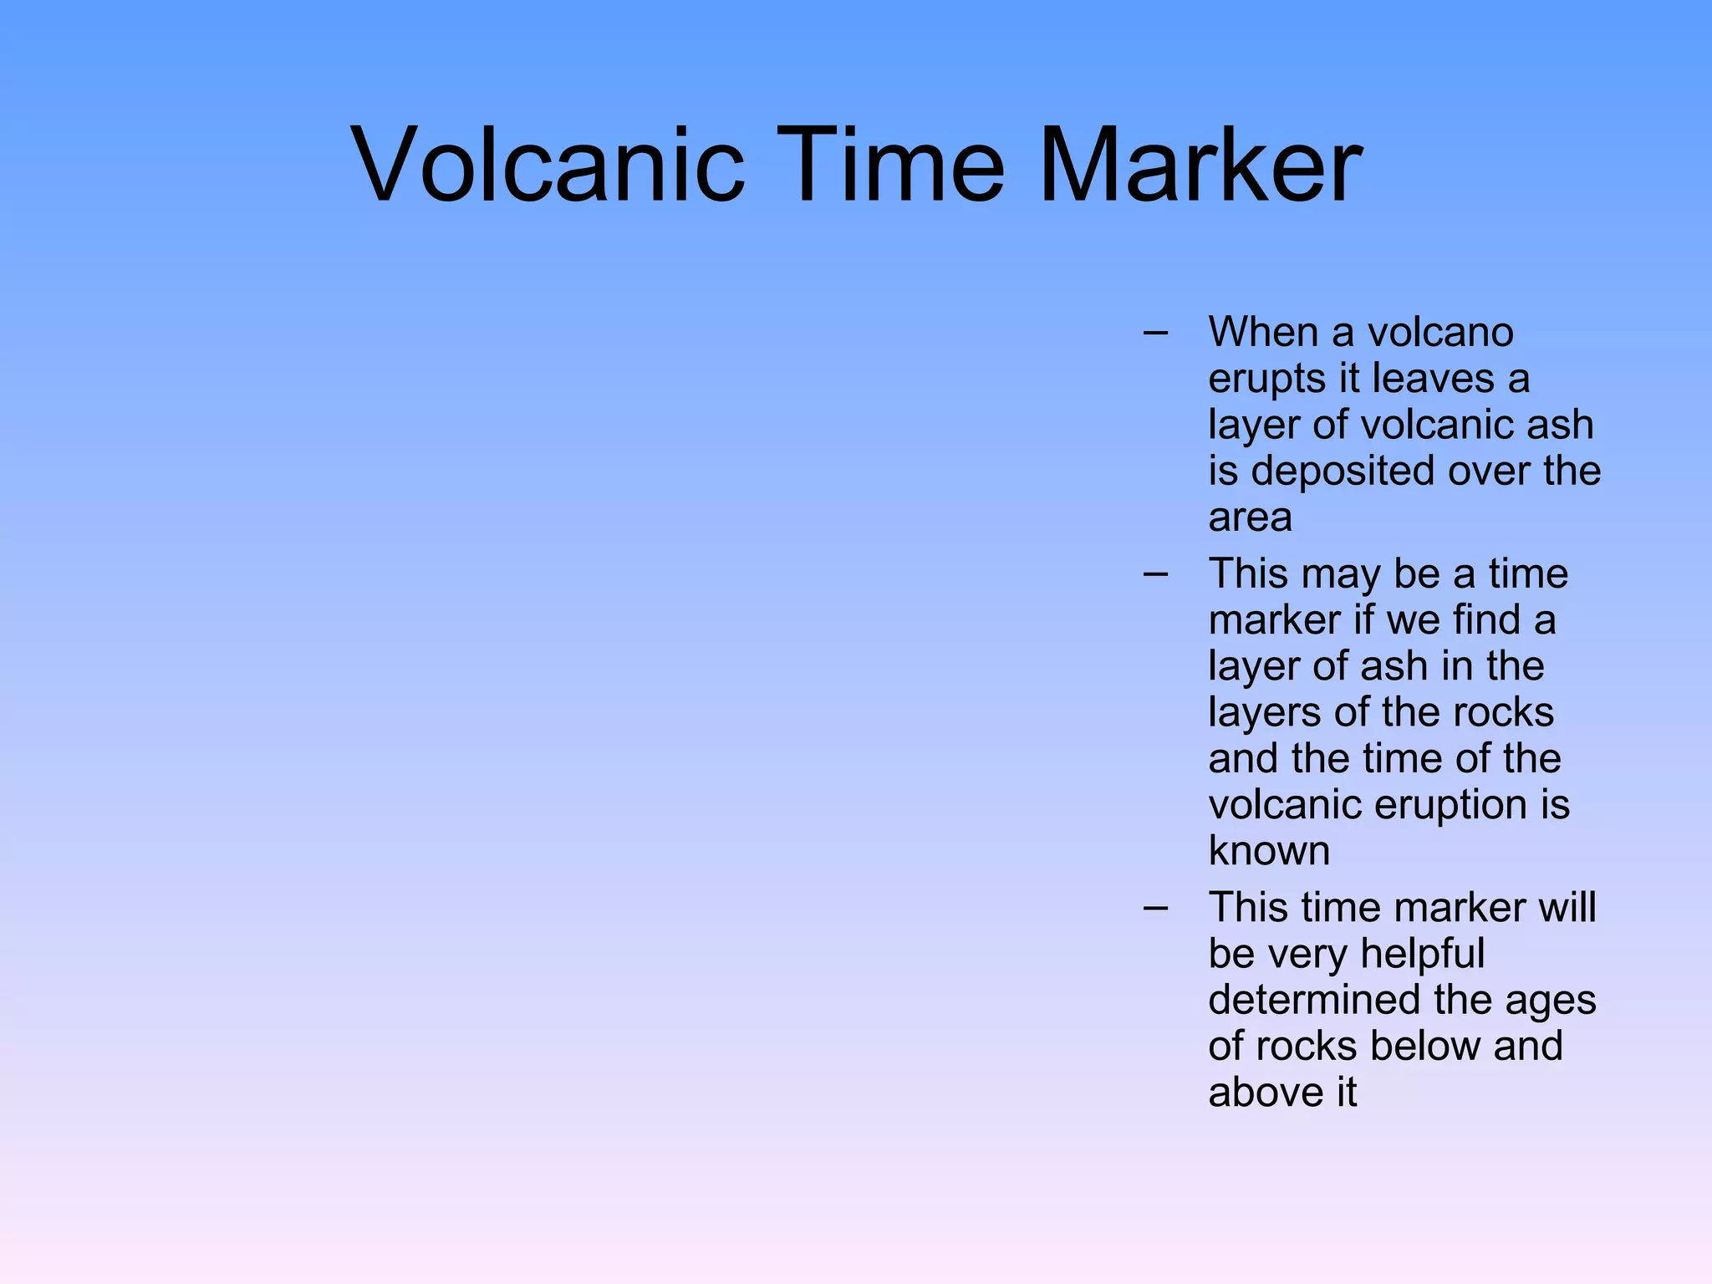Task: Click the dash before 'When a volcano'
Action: [1155, 333]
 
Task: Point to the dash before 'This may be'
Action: [1155, 574]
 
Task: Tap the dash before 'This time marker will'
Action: [1155, 908]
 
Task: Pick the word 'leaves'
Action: [1434, 379]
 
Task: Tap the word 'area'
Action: [1250, 518]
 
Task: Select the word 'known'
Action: [1269, 851]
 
